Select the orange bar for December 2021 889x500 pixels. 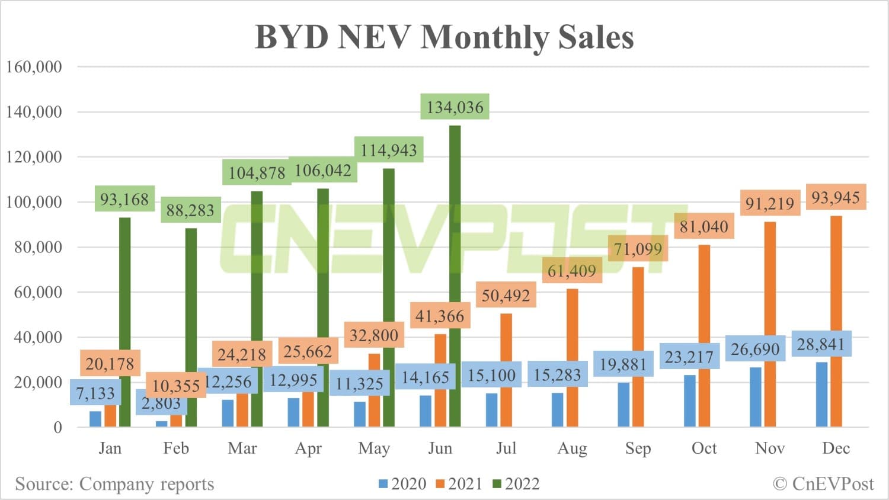836,320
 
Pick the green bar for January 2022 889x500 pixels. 124,323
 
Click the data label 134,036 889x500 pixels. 455,107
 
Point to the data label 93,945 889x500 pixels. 835,197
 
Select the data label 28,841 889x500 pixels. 821,344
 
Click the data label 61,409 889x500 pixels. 571,271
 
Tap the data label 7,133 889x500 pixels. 95,393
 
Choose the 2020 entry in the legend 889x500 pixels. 403,484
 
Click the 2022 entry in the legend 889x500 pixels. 516,484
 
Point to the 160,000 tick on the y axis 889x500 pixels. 34,66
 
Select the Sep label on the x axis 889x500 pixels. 638,448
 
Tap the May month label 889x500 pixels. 374,448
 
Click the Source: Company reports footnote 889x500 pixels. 114,484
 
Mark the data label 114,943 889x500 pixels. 389,150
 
